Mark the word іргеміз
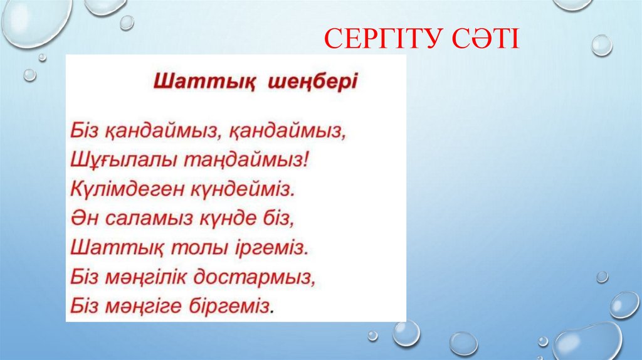click(275, 247)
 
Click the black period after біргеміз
click(273, 310)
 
